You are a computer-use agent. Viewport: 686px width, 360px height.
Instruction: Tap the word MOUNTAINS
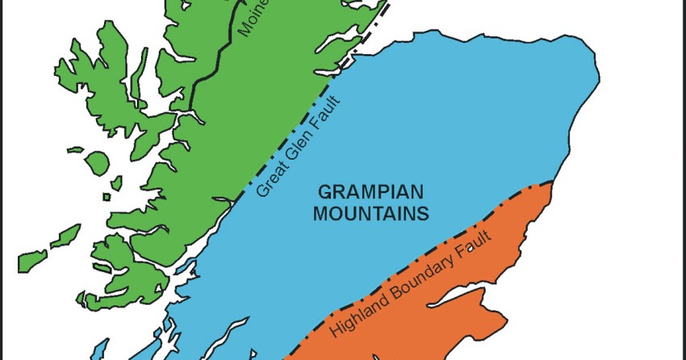click(x=371, y=214)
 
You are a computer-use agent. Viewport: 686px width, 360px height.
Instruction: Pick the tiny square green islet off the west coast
click(x=107, y=196)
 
